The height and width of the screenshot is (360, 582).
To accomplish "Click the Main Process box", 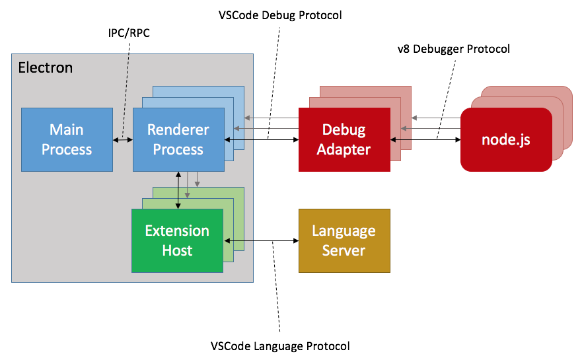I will pyautogui.click(x=66, y=139).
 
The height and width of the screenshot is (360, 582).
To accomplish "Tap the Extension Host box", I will pyautogui.click(x=177, y=240).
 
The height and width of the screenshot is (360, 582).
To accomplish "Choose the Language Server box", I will pyautogui.click(x=344, y=240).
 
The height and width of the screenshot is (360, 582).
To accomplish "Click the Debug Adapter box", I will pyautogui.click(x=344, y=139).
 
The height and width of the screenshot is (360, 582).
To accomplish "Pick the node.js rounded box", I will pyautogui.click(x=505, y=140).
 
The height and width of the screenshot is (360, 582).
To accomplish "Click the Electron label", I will pyautogui.click(x=45, y=68).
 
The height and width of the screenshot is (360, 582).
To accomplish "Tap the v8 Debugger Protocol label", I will pyautogui.click(x=453, y=49).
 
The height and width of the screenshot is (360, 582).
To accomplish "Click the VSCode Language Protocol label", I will pyautogui.click(x=280, y=345).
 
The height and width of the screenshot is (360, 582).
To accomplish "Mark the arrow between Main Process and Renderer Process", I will pyautogui.click(x=122, y=139).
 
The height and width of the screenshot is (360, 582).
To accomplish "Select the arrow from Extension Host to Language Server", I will pyautogui.click(x=262, y=240).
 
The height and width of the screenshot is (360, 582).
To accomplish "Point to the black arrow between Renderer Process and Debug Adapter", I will pyautogui.click(x=262, y=139).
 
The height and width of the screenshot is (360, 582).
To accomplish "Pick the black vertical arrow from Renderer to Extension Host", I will pyautogui.click(x=178, y=190).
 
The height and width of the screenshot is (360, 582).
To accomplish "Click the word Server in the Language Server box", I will pyautogui.click(x=344, y=250).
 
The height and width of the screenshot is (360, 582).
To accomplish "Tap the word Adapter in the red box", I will pyautogui.click(x=344, y=149).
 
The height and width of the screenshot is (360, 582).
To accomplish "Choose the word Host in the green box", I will pyautogui.click(x=177, y=250).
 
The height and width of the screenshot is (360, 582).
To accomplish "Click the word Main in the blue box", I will pyautogui.click(x=66, y=130).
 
